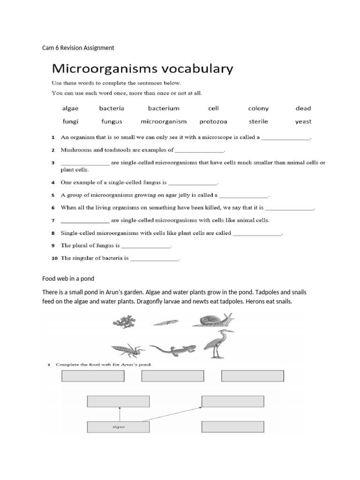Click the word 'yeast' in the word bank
coord(303,121)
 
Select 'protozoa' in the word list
coord(213,121)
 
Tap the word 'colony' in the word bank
coord(258,108)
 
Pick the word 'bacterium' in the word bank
coord(164,108)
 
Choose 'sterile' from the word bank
coord(258,121)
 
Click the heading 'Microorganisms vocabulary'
coord(142,69)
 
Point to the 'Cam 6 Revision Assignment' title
coord(78,48)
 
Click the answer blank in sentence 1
coord(285,138)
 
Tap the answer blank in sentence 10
coord(155,258)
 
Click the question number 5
coord(53,195)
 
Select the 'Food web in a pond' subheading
coord(68,279)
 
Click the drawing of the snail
coord(213,321)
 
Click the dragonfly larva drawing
coord(127,350)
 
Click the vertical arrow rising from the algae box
coord(120,414)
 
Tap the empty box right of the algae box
coord(232,427)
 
